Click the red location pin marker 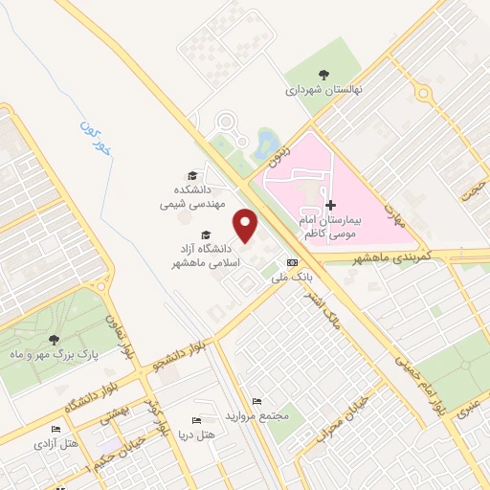[247, 226]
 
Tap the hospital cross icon [331, 206]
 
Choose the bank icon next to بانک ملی [292, 262]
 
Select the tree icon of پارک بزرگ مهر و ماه [53, 340]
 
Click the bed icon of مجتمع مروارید [255, 401]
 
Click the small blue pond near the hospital [261, 145]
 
